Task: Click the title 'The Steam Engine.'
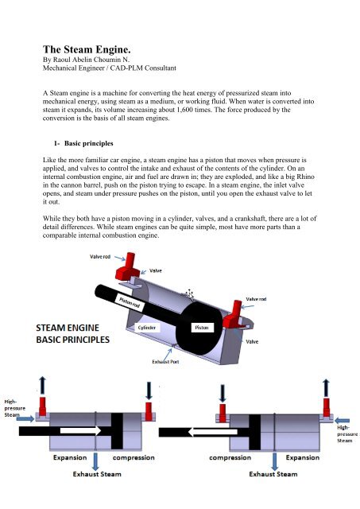87,49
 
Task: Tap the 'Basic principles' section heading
88,143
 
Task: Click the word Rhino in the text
305,177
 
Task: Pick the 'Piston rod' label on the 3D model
130,302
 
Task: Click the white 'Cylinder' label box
146,328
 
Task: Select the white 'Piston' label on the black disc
202,328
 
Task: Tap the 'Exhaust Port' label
165,362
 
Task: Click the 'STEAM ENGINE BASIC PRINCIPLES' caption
72,334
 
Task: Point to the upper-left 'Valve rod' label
100,256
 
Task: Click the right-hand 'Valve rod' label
256,299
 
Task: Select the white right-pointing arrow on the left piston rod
81,431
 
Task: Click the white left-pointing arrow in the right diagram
213,432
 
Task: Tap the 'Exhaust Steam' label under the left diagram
97,474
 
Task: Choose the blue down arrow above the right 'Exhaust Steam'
274,461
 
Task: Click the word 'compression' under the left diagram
134,458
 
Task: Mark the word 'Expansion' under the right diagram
303,458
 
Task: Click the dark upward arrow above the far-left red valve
42,386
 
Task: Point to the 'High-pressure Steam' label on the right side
347,433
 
